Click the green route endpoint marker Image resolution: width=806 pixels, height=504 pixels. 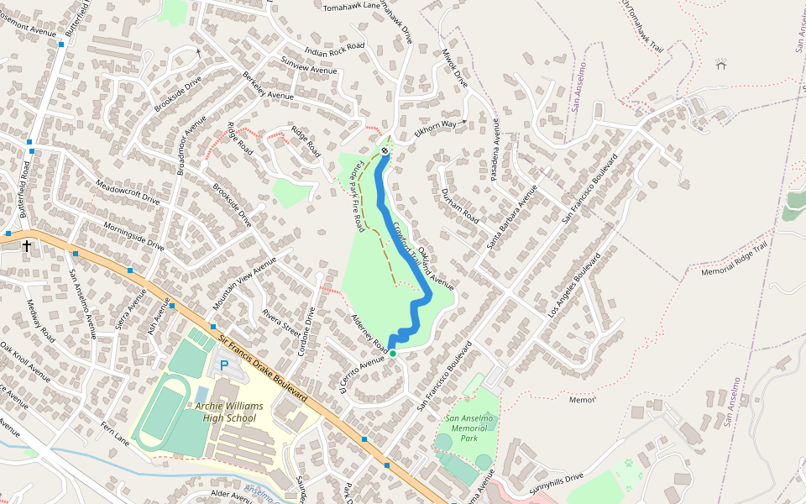tap(392, 354)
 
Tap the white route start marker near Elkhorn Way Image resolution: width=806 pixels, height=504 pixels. tap(385, 151)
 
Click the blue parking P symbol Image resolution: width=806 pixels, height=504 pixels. tap(224, 365)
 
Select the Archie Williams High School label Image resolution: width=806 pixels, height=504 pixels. tap(229, 412)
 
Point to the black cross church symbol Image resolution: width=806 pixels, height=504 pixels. tap(27, 246)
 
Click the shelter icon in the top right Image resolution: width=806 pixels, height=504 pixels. tap(720, 64)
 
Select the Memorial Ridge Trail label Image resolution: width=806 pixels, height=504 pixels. tap(735, 260)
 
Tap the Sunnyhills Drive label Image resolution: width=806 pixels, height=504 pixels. tap(556, 482)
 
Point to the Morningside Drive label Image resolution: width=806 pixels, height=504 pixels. tap(133, 236)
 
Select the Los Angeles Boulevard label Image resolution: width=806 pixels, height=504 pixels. tap(576, 286)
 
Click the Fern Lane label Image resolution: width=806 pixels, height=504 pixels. tap(115, 434)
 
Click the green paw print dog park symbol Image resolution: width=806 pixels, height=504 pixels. tap(628, 464)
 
